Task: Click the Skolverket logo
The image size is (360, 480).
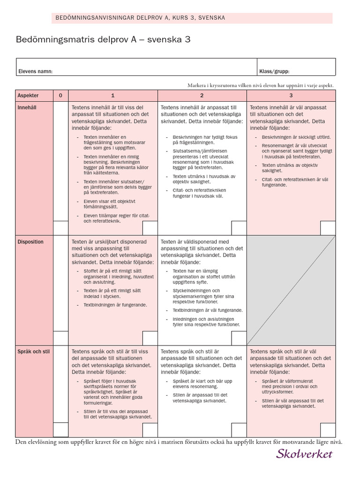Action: [305, 453]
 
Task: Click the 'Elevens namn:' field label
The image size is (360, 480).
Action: [35, 72]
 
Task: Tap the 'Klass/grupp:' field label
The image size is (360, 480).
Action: [274, 72]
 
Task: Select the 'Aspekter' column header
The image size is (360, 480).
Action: [28, 95]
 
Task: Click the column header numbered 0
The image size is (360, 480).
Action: [60, 95]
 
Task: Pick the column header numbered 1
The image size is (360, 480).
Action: [112, 95]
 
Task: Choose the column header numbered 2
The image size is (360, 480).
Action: [202, 95]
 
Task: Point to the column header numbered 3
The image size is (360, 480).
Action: [291, 95]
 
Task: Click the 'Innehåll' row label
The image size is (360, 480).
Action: [27, 107]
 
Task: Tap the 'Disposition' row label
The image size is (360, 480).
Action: [30, 242]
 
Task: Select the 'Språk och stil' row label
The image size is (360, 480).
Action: [33, 351]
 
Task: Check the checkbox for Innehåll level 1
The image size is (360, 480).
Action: [150, 228]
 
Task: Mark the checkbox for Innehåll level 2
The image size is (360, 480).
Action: [239, 228]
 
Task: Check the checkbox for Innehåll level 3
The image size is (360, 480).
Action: [328, 228]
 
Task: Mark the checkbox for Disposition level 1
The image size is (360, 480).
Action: [150, 338]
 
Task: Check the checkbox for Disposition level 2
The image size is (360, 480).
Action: [239, 338]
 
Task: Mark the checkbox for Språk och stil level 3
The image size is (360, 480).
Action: [328, 429]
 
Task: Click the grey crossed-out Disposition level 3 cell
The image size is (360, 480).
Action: [291, 290]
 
